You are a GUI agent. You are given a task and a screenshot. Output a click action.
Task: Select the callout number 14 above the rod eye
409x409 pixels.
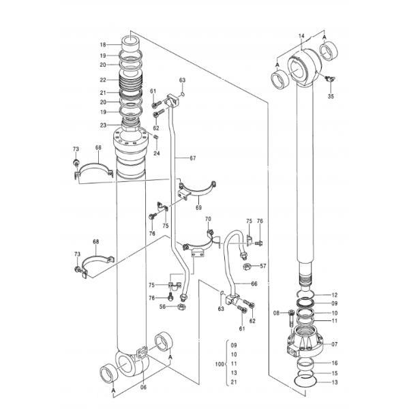tap(301, 35)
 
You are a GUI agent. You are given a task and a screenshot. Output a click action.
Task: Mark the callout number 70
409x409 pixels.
tap(209, 219)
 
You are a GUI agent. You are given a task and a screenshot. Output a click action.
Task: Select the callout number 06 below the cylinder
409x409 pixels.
tap(143, 387)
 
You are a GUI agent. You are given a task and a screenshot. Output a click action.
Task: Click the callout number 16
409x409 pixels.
tap(334, 363)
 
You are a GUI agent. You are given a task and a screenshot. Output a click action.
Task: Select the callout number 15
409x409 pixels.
tap(334, 373)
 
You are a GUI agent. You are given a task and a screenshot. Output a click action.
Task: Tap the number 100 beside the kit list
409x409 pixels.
tap(217, 365)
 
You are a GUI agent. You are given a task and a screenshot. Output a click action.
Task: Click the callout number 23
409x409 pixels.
tap(102, 124)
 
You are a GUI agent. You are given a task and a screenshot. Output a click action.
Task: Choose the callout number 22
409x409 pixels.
tap(102, 80)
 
